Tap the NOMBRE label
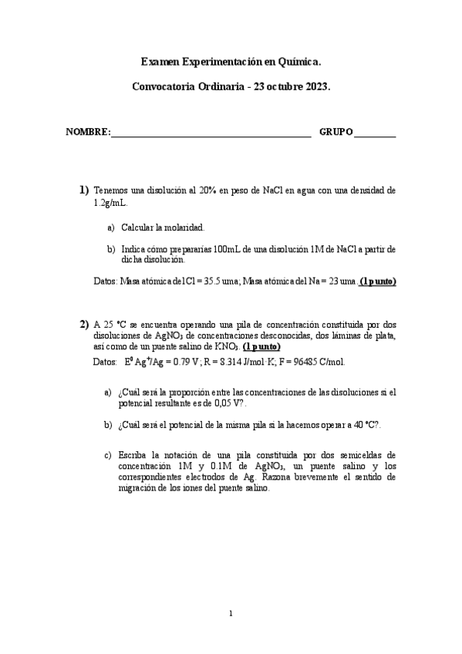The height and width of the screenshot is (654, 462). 88,132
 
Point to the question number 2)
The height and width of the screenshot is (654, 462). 84,323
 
